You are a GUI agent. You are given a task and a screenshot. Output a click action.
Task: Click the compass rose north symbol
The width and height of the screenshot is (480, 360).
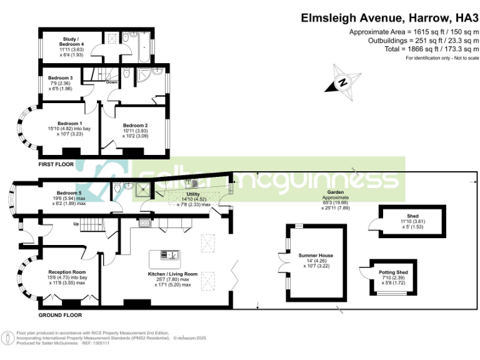click(343, 81)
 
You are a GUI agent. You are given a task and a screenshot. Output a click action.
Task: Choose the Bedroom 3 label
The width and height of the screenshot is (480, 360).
click(60, 78)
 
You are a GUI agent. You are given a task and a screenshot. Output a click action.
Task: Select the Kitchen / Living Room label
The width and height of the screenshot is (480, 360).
click(172, 274)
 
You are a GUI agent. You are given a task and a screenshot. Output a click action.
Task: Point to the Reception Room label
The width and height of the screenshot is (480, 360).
click(66, 272)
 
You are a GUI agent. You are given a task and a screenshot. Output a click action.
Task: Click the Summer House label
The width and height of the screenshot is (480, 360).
click(316, 256)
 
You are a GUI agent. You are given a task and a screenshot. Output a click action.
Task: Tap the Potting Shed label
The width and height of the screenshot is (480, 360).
click(394, 273)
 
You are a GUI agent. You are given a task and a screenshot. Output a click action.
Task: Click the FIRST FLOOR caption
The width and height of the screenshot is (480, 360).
click(56, 164)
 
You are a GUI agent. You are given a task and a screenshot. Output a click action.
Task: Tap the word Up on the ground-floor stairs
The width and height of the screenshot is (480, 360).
click(77, 224)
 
